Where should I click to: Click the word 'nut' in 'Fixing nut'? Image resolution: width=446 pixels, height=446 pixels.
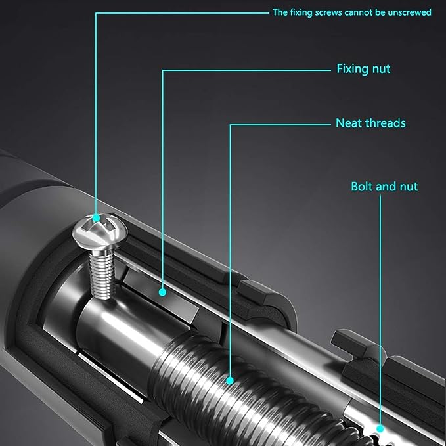coord(382,69)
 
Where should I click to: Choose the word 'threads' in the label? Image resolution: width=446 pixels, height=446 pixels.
coord(384,123)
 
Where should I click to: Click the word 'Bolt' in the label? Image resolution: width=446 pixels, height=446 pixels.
coord(361,187)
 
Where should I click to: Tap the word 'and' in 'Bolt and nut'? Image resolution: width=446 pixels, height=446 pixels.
coord(386,187)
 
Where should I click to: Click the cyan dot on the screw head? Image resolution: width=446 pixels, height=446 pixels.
coord(96,218)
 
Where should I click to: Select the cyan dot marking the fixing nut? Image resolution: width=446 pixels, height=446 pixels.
coord(162,292)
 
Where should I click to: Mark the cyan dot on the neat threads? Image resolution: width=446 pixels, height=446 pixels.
coord(230,380)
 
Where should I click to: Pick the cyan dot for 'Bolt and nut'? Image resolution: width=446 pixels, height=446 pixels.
coord(380,428)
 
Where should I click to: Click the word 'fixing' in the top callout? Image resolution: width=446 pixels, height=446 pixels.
coord(301,12)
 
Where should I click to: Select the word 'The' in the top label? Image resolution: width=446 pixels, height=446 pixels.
coord(280,12)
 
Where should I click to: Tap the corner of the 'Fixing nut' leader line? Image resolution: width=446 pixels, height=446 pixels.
coord(163,70)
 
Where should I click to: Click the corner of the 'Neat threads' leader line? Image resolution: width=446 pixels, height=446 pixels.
coord(230,125)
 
